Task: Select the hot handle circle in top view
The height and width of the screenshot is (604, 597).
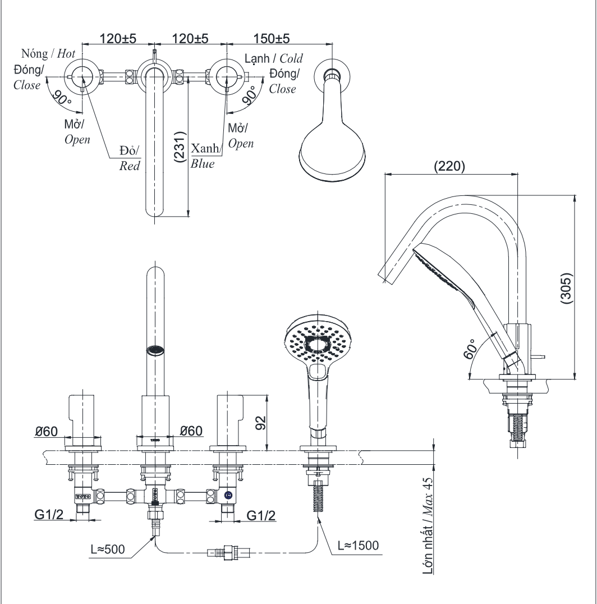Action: [83, 75]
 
